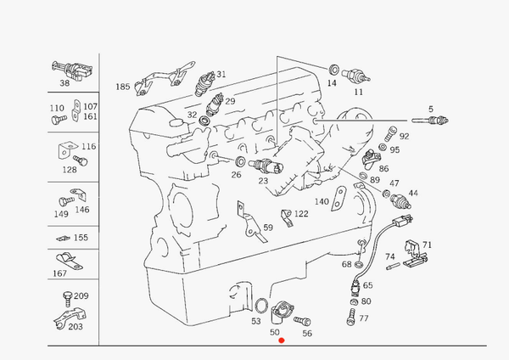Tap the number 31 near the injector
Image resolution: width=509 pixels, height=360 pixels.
(221, 75)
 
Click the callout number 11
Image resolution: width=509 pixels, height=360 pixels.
(357, 91)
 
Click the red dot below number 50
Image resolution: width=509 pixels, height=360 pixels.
(282, 340)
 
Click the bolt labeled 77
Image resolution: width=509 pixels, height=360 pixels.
(350, 318)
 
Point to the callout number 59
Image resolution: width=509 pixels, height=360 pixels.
(267, 228)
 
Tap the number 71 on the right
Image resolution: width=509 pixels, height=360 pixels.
(427, 243)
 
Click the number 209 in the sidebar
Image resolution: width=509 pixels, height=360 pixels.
(81, 295)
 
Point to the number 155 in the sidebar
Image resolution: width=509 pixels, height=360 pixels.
(81, 238)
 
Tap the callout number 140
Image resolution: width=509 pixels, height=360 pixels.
(322, 201)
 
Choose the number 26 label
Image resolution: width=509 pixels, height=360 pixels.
(236, 175)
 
